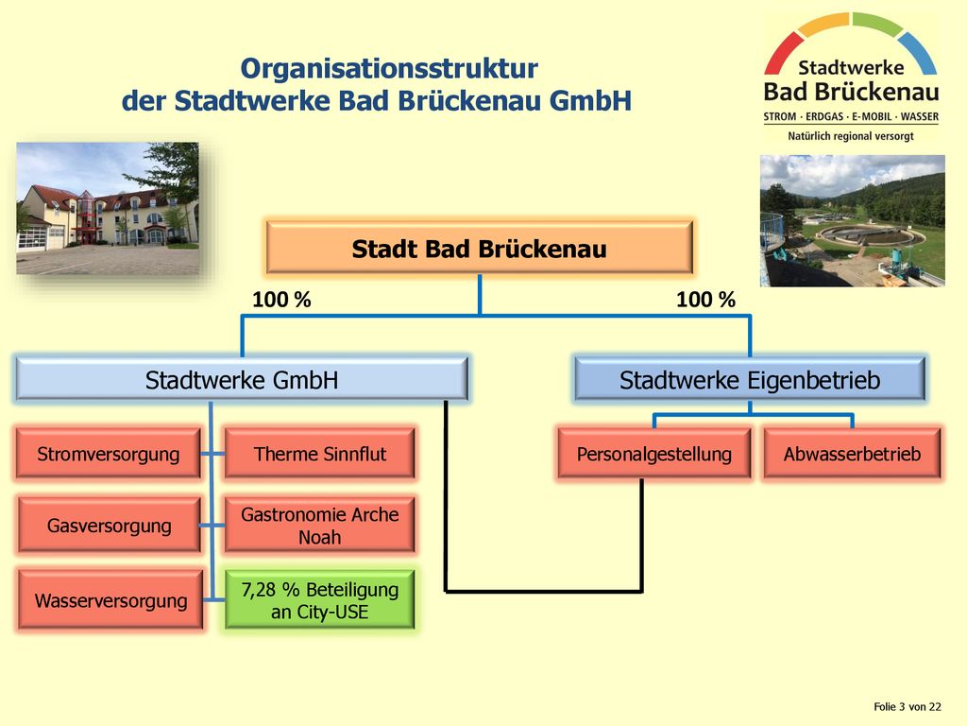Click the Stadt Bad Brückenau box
click(479, 247)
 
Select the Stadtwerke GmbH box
click(241, 379)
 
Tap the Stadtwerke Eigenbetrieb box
click(749, 379)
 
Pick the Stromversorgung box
click(109, 453)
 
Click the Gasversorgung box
click(110, 525)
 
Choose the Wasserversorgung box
click(110, 600)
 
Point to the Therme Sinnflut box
click(319, 453)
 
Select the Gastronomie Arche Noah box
click(319, 525)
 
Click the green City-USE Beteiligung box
click(319, 600)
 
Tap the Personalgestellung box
click(653, 453)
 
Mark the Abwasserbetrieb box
click(853, 453)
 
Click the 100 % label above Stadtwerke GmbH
click(281, 300)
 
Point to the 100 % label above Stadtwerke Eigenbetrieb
click(705, 300)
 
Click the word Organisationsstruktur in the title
click(389, 68)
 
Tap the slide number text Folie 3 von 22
click(908, 706)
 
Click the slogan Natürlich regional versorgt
click(851, 136)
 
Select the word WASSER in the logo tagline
click(919, 116)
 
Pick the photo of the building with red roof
click(108, 209)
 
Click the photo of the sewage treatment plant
click(853, 221)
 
